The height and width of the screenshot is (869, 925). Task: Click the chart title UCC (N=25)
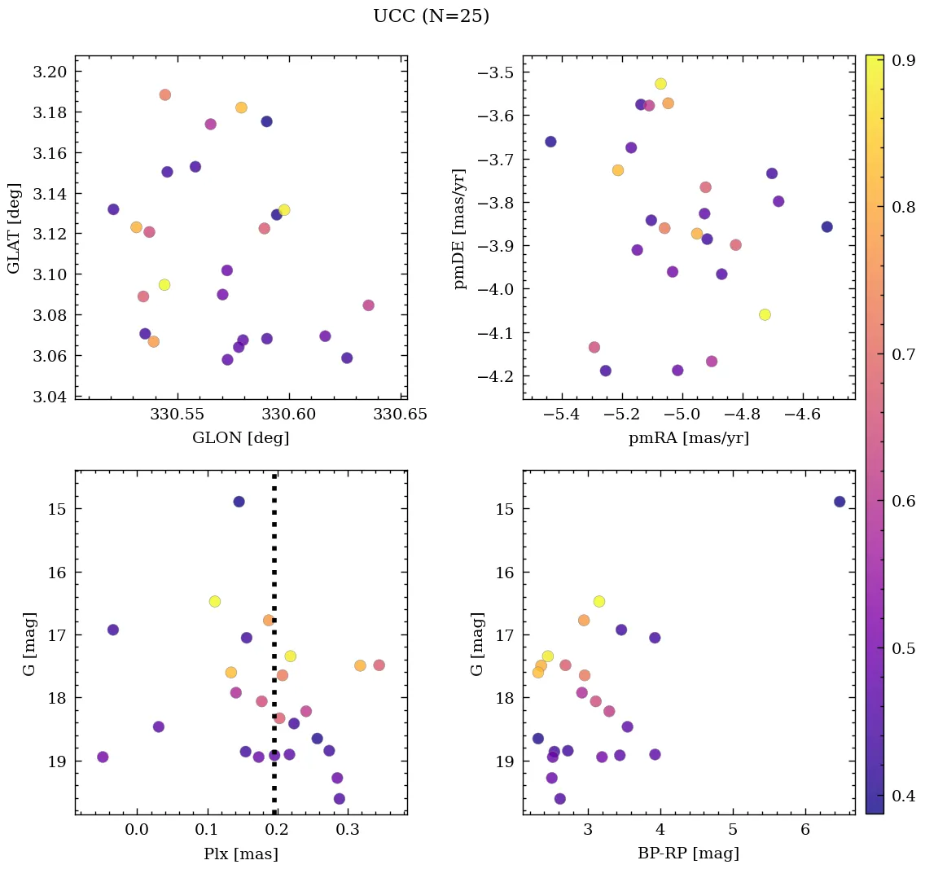coord(431,16)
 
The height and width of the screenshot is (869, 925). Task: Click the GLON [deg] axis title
coord(240,438)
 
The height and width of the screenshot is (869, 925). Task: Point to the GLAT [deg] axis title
coord(14,227)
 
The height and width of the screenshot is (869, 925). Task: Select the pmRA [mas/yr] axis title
coord(689,438)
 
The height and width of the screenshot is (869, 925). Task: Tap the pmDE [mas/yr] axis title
coord(460,227)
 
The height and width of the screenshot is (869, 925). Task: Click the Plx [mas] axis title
coord(240,854)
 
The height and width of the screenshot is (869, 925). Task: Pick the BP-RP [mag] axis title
coord(689,854)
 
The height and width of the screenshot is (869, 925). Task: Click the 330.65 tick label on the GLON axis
coord(401,415)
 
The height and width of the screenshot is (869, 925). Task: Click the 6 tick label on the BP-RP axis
coord(805,831)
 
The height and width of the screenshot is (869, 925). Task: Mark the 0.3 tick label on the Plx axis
coord(349,831)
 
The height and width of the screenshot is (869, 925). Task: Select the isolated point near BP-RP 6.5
coord(840,502)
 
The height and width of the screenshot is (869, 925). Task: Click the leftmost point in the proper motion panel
coord(550,142)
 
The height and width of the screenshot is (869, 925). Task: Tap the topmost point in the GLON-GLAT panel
coord(165,95)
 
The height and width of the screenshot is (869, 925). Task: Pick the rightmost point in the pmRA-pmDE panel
coord(827,226)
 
